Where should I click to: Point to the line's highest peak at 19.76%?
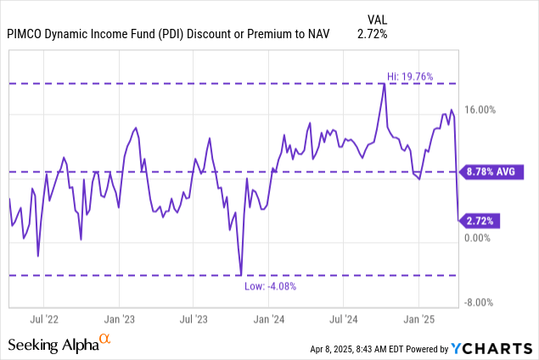click(384, 83)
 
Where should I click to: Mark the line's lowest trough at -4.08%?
click(241, 274)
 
